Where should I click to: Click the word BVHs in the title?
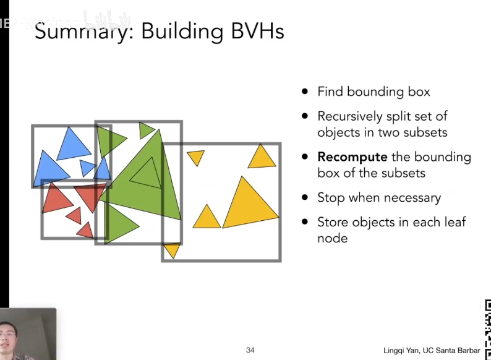point(255,30)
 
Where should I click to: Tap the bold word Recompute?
point(352,157)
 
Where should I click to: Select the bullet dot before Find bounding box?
point(304,92)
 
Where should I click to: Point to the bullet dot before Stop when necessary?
point(304,198)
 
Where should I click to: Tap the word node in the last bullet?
point(332,238)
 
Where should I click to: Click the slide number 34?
point(250,350)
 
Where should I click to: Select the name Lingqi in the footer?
point(395,350)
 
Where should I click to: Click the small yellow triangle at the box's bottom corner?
point(171,250)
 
